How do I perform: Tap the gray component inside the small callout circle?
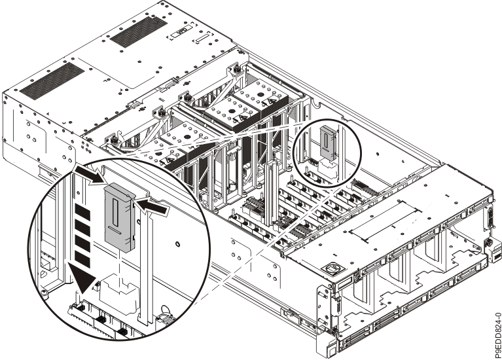tap(327, 141)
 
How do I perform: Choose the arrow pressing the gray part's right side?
tap(152, 208)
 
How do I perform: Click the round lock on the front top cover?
tap(331, 269)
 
